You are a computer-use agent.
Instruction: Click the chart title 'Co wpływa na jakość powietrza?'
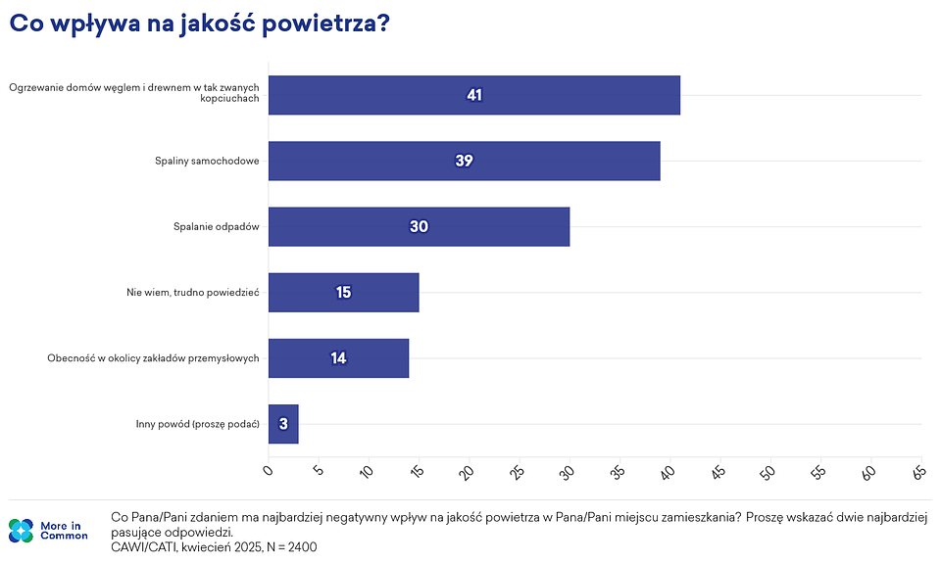click(x=200, y=24)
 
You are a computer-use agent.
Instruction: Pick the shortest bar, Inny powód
click(x=283, y=424)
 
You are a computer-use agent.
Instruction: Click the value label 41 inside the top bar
click(x=474, y=95)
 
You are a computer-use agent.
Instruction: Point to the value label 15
click(x=343, y=292)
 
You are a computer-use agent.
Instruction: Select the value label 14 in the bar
click(x=338, y=358)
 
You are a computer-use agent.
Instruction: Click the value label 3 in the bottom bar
click(x=283, y=424)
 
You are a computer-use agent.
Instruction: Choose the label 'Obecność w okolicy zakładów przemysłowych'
click(x=153, y=358)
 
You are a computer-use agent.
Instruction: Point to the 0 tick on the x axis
click(x=270, y=471)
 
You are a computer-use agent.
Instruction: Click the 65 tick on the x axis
click(x=918, y=472)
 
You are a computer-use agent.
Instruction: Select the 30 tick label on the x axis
click(x=568, y=472)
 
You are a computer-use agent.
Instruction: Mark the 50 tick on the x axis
click(x=768, y=472)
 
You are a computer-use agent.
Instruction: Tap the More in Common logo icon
click(x=21, y=531)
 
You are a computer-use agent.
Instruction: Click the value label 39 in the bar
click(x=464, y=161)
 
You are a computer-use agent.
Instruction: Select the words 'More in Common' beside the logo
click(x=64, y=531)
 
